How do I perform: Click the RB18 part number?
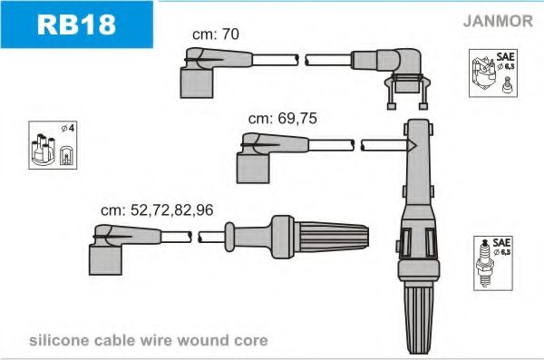[x=76, y=24]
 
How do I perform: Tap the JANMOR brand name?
[x=498, y=21]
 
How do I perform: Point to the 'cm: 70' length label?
[x=216, y=34]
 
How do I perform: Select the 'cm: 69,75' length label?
[x=282, y=119]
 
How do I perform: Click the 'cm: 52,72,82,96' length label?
[x=157, y=210]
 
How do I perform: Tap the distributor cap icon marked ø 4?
[x=53, y=145]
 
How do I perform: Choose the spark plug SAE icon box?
[x=493, y=263]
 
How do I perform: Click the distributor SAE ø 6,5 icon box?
[x=493, y=73]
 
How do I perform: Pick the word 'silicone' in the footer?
[x=59, y=340]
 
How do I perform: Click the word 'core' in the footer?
[x=251, y=341]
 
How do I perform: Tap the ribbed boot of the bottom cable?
[x=331, y=237]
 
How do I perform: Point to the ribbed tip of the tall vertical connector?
[x=419, y=317]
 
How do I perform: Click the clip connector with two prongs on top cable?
[x=407, y=91]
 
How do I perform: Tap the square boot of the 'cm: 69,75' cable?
[x=253, y=169]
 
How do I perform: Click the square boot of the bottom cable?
[x=105, y=260]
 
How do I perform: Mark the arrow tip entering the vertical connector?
[x=415, y=146]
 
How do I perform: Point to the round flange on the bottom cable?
[x=229, y=237]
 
